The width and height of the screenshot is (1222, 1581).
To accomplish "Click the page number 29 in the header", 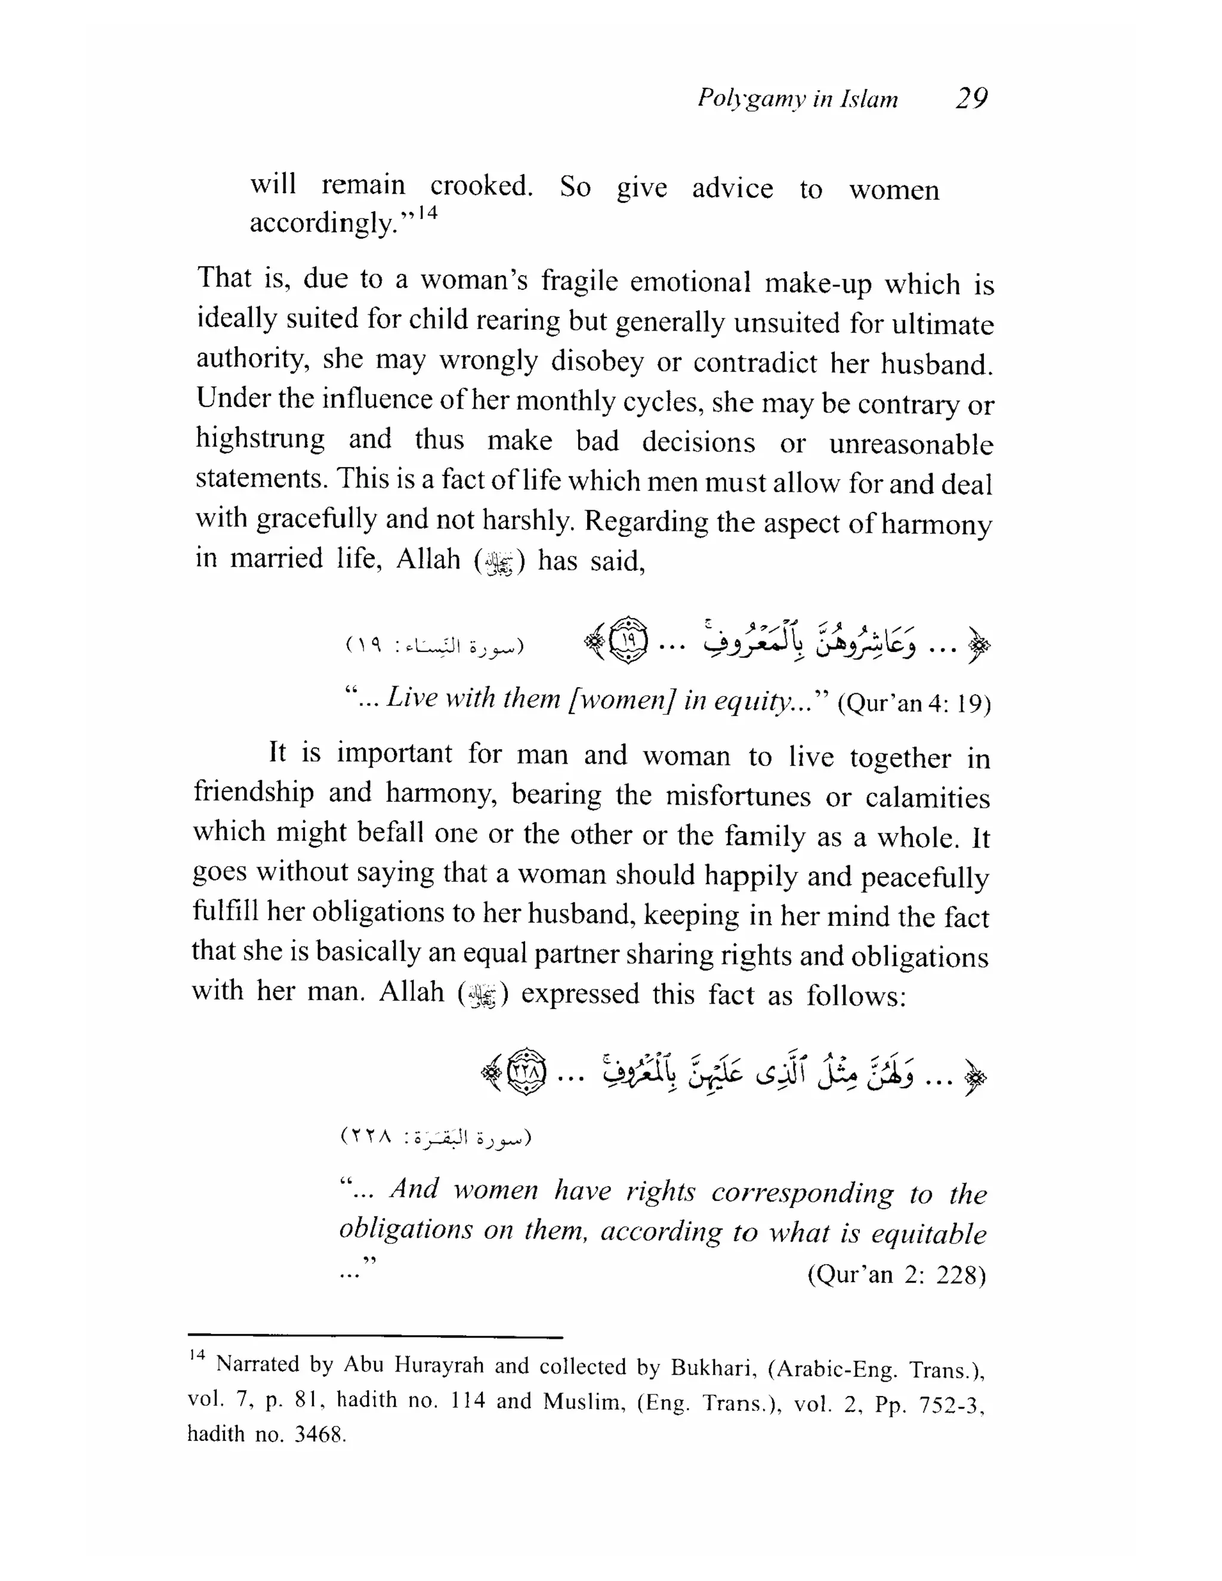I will click(x=971, y=98).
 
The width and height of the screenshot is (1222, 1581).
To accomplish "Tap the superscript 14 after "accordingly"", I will click(x=428, y=213).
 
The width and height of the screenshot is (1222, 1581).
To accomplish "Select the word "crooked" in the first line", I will click(x=481, y=186).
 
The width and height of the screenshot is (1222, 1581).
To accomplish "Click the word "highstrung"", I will click(x=260, y=439).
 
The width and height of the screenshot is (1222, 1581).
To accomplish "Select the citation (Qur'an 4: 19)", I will click(x=914, y=703).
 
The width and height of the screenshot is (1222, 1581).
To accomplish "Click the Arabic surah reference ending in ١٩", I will click(x=435, y=645).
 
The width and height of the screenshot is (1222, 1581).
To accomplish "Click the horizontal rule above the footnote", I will click(x=375, y=1337).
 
